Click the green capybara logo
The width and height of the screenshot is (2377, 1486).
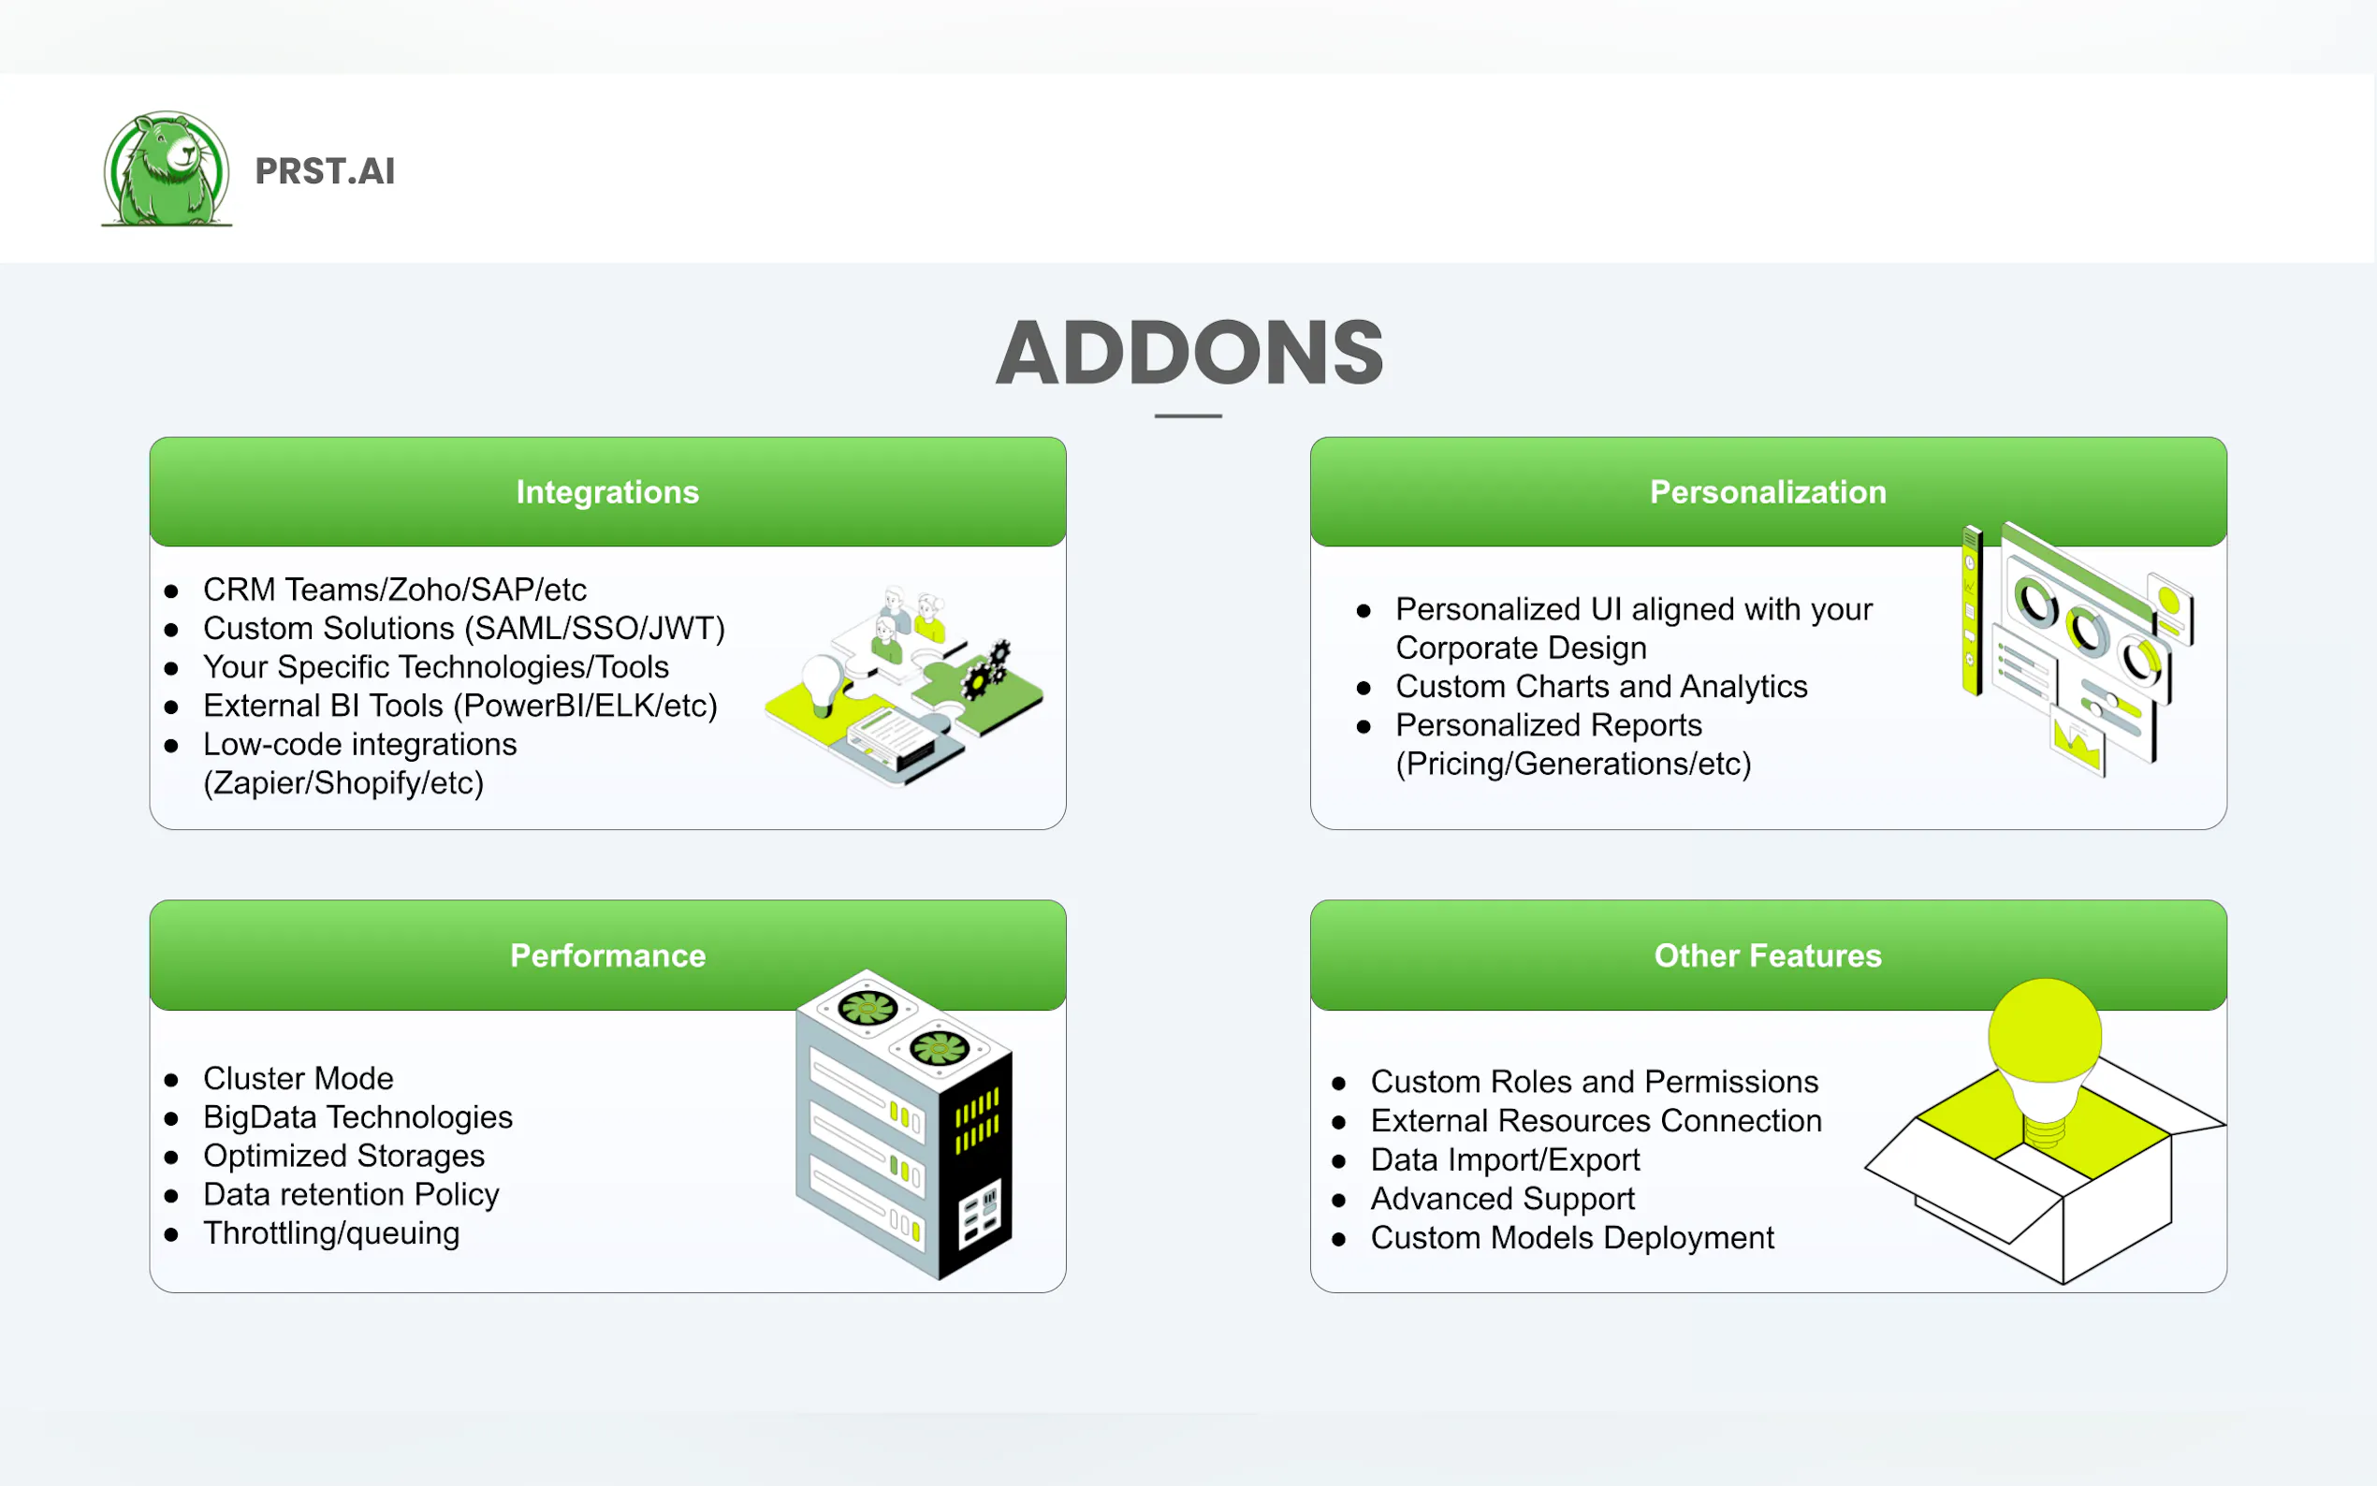click(166, 169)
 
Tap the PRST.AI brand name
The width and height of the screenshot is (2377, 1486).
click(325, 171)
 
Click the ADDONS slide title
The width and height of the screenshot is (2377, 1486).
click(1189, 353)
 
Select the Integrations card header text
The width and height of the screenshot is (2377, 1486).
click(607, 491)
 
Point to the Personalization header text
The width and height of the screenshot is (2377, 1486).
click(1767, 491)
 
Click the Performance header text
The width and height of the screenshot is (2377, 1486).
click(607, 955)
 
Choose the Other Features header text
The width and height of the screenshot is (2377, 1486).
click(1767, 955)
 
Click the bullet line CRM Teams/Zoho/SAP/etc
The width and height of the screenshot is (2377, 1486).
click(394, 590)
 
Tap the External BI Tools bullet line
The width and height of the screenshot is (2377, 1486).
click(459, 706)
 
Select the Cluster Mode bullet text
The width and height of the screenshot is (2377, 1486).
click(298, 1078)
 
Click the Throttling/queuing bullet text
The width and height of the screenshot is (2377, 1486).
click(331, 1232)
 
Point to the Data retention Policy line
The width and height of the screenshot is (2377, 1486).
click(351, 1194)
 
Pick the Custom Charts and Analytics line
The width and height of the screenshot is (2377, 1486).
click(1600, 686)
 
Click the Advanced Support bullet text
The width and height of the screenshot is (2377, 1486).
click(1501, 1198)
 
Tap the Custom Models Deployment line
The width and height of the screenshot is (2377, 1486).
click(1571, 1237)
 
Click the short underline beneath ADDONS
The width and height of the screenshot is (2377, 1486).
click(1188, 415)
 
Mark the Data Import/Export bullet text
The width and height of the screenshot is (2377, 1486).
click(1505, 1159)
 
